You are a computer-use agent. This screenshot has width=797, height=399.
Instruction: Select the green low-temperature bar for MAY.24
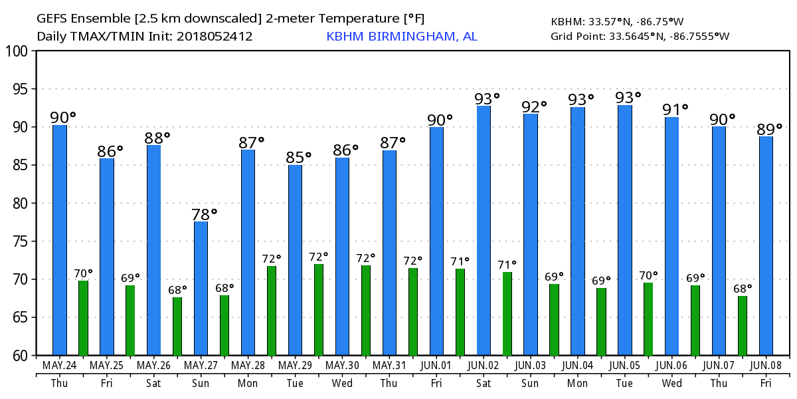pos(83,318)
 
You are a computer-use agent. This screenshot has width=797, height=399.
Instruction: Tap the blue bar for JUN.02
pos(484,230)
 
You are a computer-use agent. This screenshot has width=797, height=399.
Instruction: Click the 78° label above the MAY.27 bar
pos(205,214)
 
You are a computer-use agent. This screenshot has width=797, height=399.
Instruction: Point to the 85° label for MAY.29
pos(299,158)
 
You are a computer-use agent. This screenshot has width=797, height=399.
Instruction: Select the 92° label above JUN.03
pos(534,106)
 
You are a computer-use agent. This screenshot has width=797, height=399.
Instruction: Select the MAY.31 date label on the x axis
pos(389,366)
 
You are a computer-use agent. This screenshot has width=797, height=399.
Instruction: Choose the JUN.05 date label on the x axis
pos(625,366)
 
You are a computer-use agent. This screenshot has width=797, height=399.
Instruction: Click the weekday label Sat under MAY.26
pos(153,383)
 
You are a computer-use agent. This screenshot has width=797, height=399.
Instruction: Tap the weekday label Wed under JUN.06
pos(671,383)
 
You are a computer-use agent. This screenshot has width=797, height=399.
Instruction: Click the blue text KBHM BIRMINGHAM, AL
pos(401,37)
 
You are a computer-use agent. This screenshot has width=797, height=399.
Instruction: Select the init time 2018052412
pos(215,37)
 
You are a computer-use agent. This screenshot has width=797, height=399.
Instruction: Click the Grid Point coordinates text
pos(640,37)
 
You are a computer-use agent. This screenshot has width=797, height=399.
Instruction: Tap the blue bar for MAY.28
pos(248,253)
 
